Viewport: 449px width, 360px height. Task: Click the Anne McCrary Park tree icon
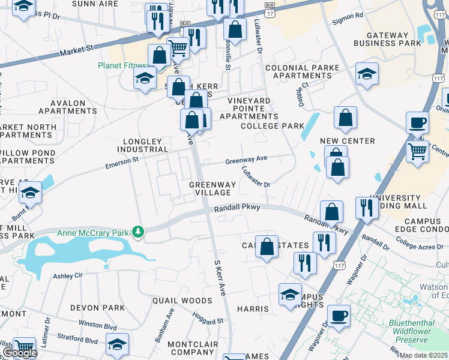[139, 232]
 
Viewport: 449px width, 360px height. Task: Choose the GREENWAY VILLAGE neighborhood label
[211, 188]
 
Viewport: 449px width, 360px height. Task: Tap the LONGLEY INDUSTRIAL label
[142, 145]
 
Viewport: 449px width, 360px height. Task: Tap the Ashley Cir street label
[66, 276]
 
